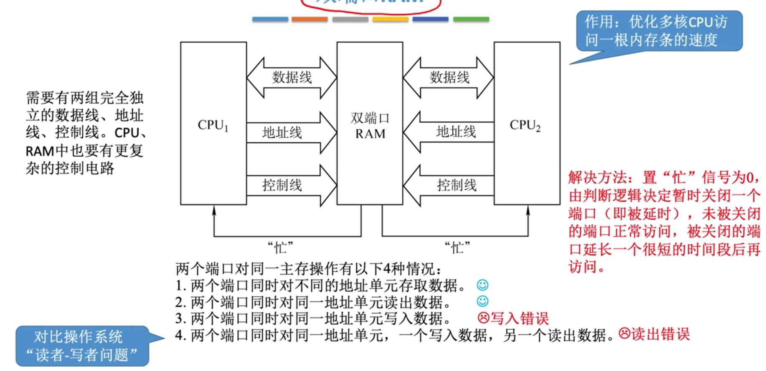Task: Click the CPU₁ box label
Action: point(213,125)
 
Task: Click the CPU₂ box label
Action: point(525,125)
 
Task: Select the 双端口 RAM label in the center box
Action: point(370,126)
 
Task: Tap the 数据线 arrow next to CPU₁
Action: point(292,78)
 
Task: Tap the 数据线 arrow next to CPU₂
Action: point(449,78)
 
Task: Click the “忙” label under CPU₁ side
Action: point(280,247)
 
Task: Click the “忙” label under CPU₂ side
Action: point(457,247)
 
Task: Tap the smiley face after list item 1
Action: point(482,285)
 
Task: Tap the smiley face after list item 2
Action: point(482,301)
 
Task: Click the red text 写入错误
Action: point(519,318)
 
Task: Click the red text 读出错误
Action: point(660,334)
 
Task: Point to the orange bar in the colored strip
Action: point(309,19)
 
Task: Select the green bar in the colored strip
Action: point(471,19)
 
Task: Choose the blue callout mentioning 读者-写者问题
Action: point(82,346)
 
